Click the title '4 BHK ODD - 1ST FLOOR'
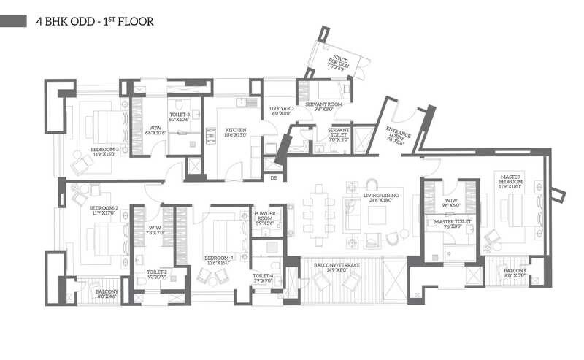click(x=95, y=21)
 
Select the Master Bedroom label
click(x=509, y=180)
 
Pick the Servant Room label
click(x=323, y=105)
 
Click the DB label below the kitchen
click(x=274, y=178)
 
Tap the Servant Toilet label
click(x=339, y=133)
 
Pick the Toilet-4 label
click(x=263, y=278)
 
